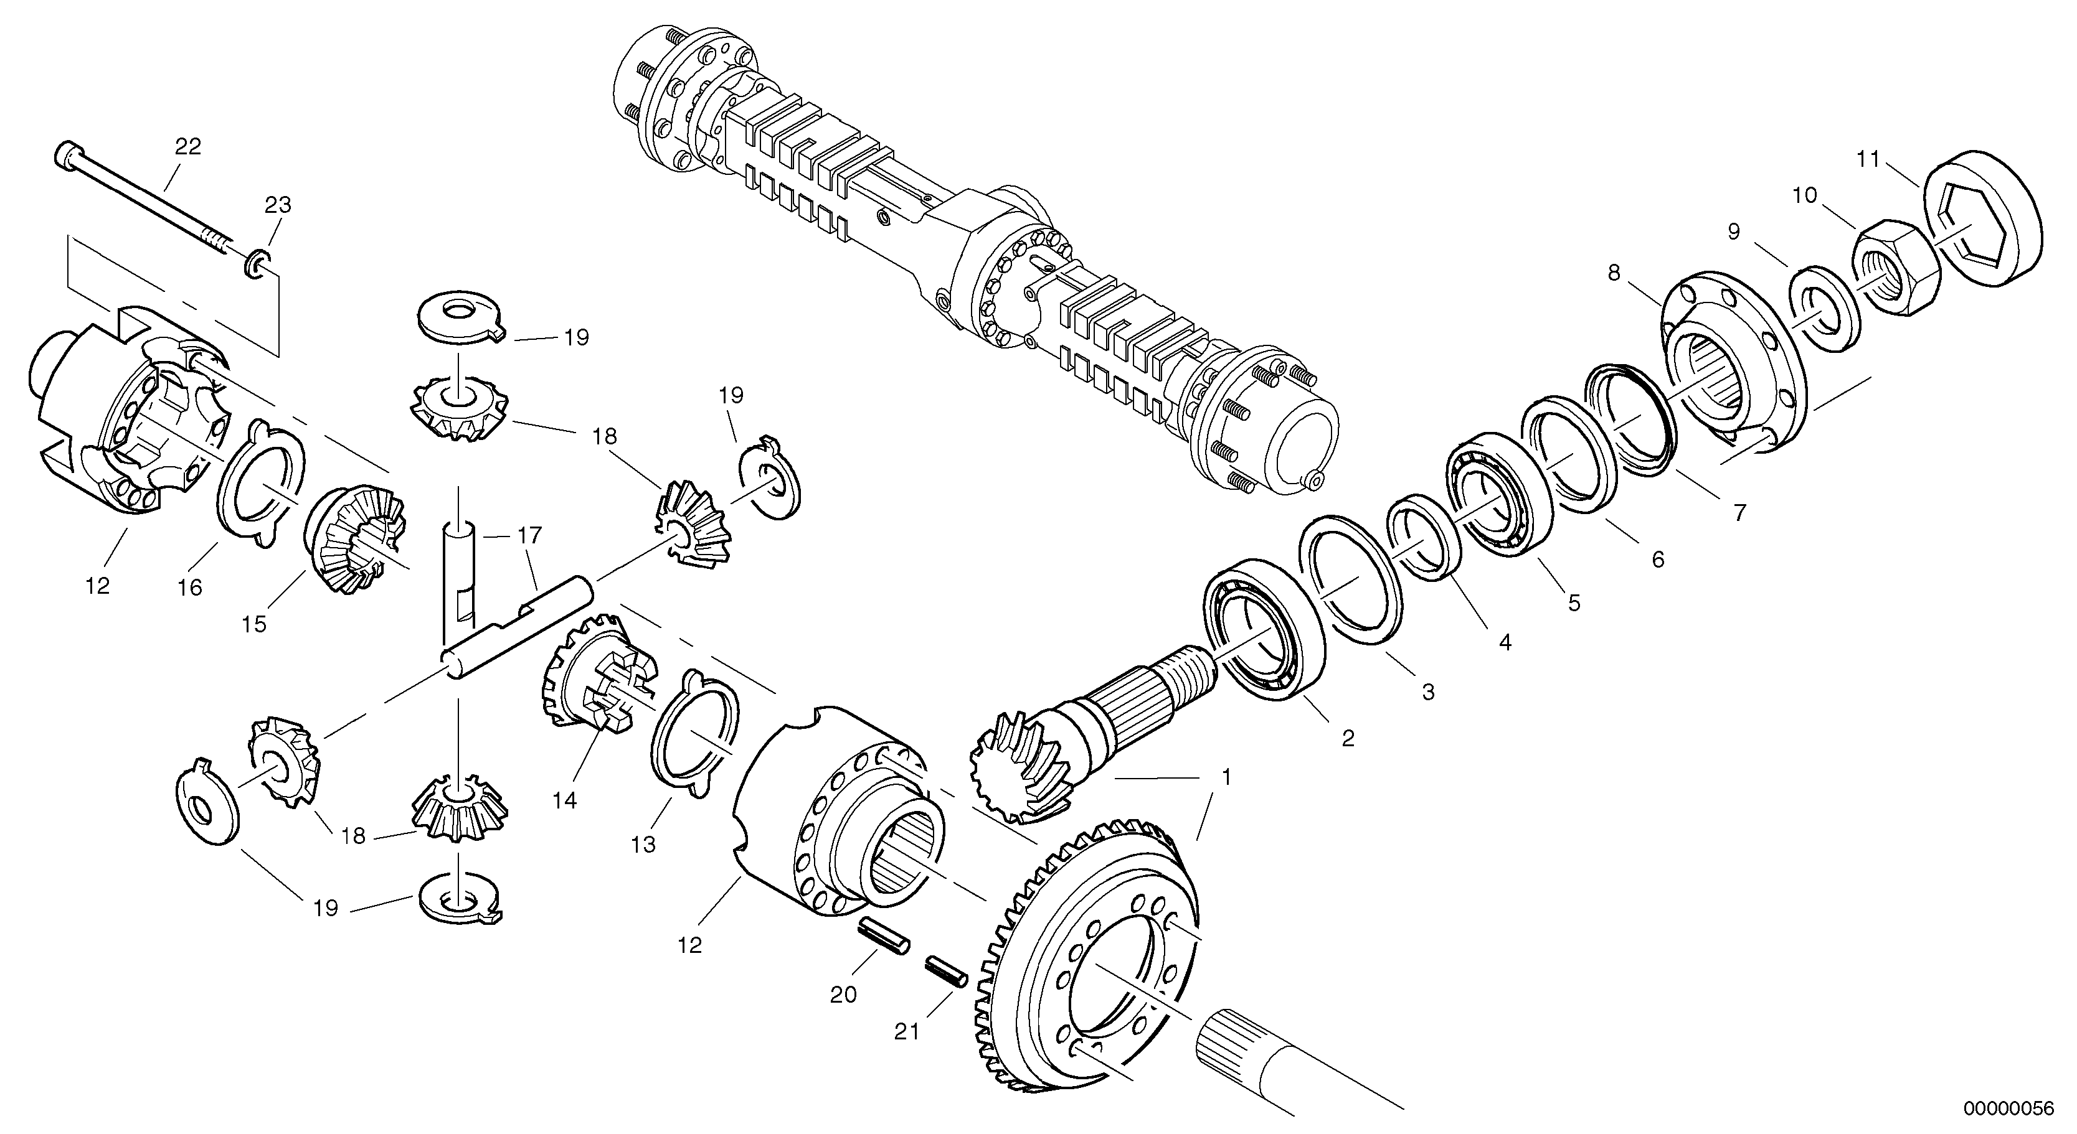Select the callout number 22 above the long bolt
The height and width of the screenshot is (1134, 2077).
(188, 147)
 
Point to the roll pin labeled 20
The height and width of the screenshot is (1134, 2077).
(884, 939)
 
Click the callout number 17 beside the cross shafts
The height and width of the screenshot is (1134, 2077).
(530, 535)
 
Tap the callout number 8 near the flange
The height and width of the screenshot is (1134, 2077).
(1614, 273)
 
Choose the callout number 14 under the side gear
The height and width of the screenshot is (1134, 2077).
(565, 800)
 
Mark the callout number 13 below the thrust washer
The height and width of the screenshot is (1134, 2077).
(643, 845)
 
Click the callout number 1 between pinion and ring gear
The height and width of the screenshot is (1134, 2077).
(1226, 778)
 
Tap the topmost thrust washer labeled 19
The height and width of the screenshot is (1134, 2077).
(460, 317)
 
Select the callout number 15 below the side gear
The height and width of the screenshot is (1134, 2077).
(254, 625)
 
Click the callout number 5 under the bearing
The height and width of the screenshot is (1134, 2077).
(1574, 603)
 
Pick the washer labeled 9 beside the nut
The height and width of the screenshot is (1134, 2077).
(1825, 309)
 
